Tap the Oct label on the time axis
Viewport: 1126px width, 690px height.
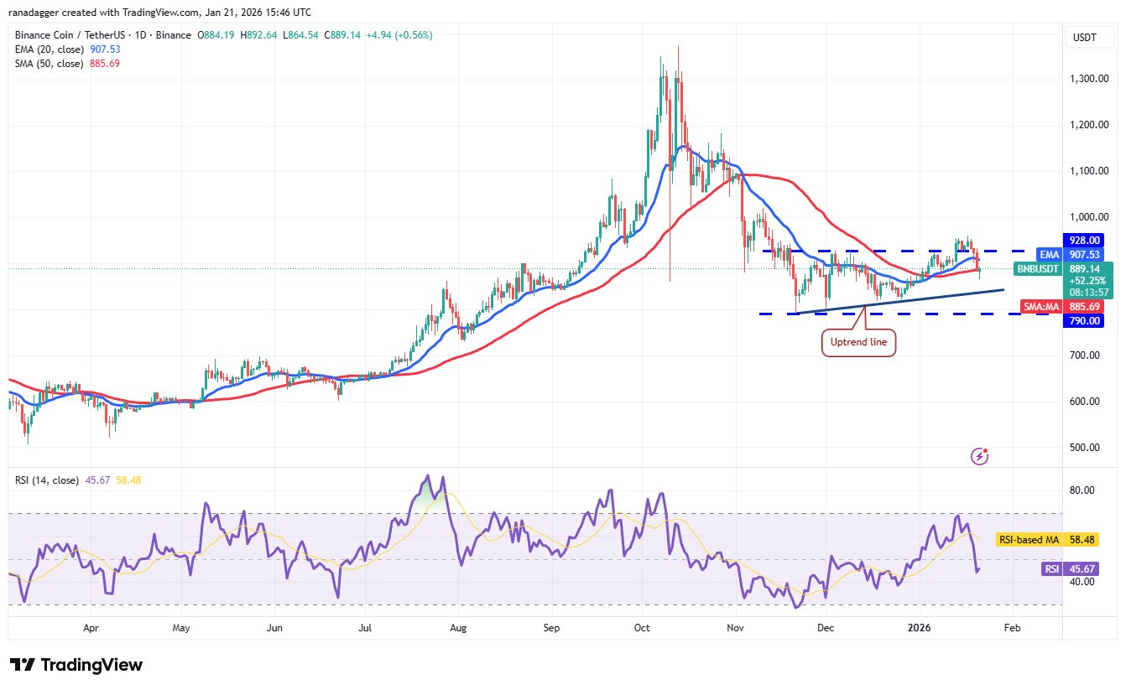click(x=643, y=626)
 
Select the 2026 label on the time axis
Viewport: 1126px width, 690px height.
click(x=920, y=626)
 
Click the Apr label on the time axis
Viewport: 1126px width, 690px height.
click(x=91, y=626)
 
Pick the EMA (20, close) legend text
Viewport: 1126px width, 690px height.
click(x=49, y=49)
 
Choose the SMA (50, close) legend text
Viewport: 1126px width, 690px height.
click(x=49, y=64)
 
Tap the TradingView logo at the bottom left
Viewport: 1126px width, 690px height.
click(x=76, y=665)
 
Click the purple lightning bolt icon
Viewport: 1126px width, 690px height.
click(x=979, y=456)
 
